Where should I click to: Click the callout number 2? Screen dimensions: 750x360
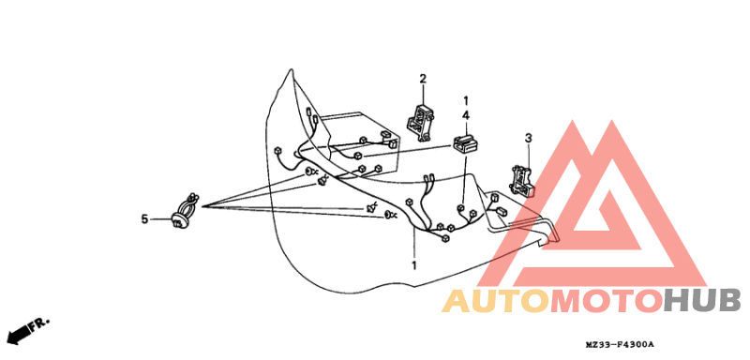[423, 79]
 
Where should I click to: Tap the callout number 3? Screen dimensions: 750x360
[528, 138]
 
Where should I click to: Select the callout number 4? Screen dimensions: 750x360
[466, 115]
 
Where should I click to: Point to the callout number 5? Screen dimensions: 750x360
[144, 219]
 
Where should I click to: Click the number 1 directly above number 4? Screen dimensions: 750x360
[466, 99]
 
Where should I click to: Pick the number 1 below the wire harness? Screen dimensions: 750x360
[413, 265]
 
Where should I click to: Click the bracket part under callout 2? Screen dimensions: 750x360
[420, 120]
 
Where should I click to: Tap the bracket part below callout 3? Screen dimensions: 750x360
[521, 178]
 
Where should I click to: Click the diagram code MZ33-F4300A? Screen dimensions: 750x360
[620, 346]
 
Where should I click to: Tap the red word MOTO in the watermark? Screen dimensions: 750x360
[604, 301]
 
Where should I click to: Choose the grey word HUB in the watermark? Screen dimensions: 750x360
[702, 301]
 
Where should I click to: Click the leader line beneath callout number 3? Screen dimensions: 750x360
[528, 155]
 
